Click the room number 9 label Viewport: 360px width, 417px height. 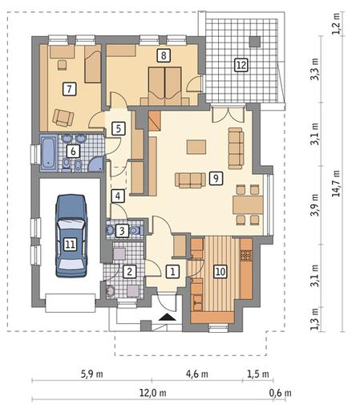tap(216, 178)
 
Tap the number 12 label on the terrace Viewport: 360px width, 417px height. tap(241, 65)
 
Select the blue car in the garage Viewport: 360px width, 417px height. tap(71, 236)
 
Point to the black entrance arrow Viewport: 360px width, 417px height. tap(168, 317)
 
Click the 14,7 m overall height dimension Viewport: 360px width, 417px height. tap(336, 184)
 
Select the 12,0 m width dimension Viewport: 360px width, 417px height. tap(152, 393)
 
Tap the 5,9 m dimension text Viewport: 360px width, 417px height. tap(91, 374)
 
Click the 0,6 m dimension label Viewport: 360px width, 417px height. tap(280, 393)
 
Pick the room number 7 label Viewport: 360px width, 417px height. tap(70, 89)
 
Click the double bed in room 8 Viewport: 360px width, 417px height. tap(165, 86)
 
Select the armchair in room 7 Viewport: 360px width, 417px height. tap(63, 118)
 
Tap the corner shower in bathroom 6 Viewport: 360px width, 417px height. tap(95, 164)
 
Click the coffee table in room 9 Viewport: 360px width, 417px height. tap(196, 147)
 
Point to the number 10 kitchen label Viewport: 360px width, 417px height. tap(220, 272)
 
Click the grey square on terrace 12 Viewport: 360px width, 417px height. tap(255, 42)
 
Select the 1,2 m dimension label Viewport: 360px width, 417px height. tap(336, 23)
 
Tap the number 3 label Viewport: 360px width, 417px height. tap(122, 230)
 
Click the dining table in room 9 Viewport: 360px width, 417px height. tap(248, 204)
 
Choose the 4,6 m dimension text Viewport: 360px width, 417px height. tap(197, 374)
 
